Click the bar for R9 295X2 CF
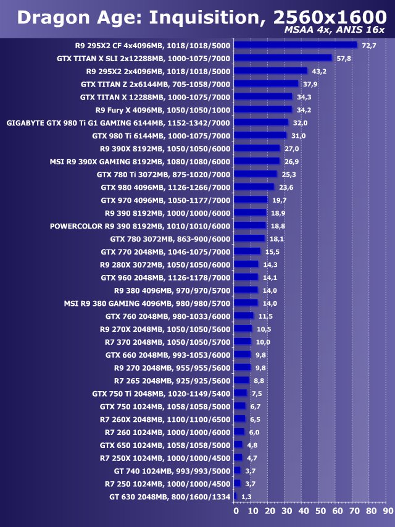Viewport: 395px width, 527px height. click(296, 45)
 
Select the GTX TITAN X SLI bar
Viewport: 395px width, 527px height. click(283, 58)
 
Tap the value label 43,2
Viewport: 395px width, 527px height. click(317, 71)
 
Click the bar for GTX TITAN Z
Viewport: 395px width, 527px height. click(266, 84)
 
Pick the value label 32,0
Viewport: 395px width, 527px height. click(300, 123)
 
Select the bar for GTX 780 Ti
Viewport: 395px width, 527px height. click(256, 174)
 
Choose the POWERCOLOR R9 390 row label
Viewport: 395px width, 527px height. click(140, 226)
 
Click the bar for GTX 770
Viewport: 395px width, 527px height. click(247, 251)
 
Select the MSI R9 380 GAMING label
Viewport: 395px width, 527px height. click(147, 303)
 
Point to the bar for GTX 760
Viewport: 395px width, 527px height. click(244, 316)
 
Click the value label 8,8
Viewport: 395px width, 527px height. click(259, 381)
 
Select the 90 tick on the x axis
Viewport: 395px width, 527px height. click(386, 511)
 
